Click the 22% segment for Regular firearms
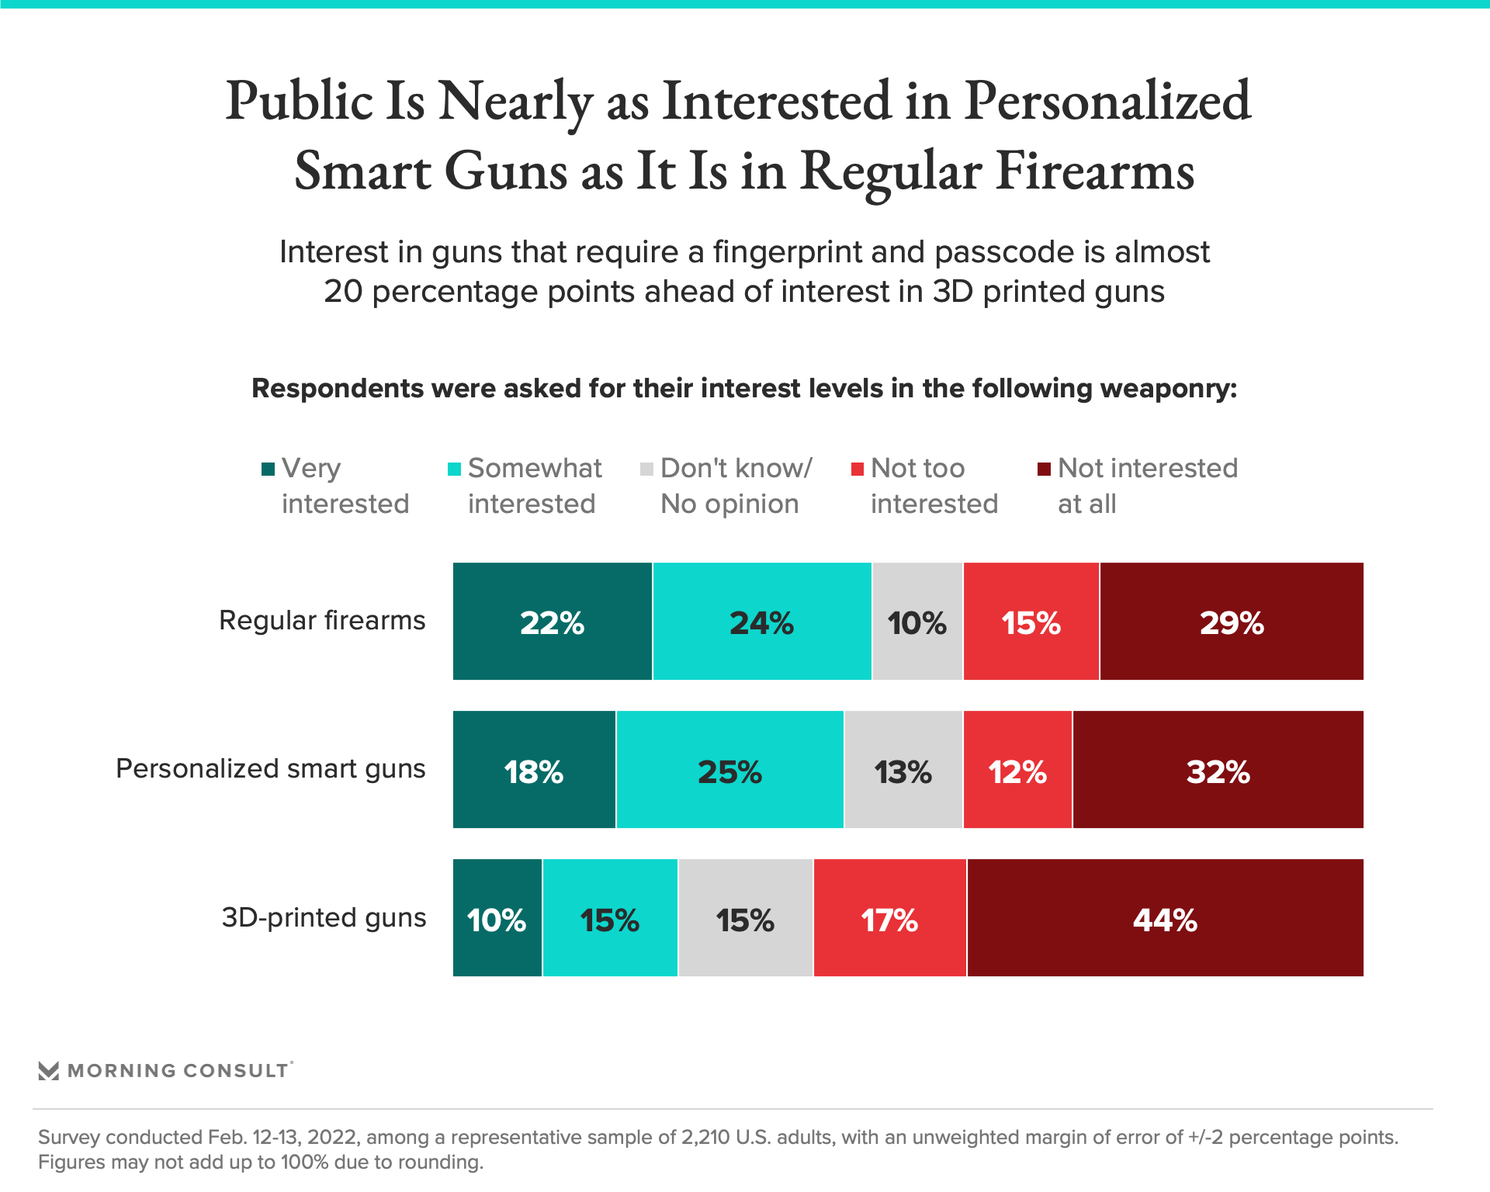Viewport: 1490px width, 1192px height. point(552,622)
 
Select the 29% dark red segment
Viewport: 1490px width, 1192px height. point(1232,622)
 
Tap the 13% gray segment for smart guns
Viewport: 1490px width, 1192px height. point(903,770)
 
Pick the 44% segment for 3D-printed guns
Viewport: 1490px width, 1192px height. point(1165,918)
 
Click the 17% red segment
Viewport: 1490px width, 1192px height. point(890,918)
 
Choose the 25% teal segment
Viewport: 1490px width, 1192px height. point(729,770)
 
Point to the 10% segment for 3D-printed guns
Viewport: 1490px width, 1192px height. point(497,918)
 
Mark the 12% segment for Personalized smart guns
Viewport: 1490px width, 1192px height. point(1017,770)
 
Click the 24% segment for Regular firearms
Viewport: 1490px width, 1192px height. point(762,622)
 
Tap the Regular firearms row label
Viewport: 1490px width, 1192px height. point(322,621)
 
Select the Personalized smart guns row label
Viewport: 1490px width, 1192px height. point(270,768)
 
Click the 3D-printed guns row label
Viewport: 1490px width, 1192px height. point(324,917)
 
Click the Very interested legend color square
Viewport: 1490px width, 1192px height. point(269,469)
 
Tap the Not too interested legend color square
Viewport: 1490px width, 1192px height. point(858,469)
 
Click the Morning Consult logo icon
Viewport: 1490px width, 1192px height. point(49,1071)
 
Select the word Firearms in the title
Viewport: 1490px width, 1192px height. point(1095,171)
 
